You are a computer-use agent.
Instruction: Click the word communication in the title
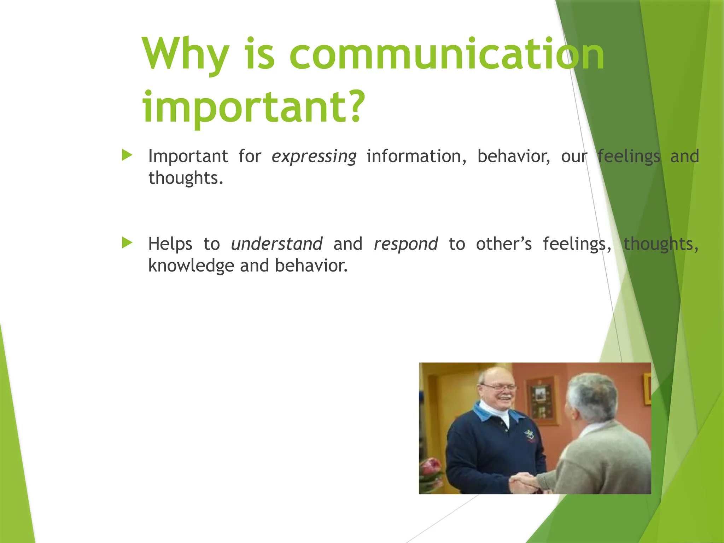447,55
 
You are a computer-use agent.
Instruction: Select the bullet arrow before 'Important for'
127,155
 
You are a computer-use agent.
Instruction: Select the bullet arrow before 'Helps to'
127,243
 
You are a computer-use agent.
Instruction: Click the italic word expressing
314,157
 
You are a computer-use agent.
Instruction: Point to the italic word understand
276,244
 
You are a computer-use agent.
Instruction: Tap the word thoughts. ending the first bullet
186,178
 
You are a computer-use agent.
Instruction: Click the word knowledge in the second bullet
191,266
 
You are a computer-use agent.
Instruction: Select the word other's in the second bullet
503,244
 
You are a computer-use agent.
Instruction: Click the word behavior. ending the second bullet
311,266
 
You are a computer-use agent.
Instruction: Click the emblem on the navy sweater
529,435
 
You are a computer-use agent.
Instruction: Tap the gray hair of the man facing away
594,392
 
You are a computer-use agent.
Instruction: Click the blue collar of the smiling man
484,414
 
